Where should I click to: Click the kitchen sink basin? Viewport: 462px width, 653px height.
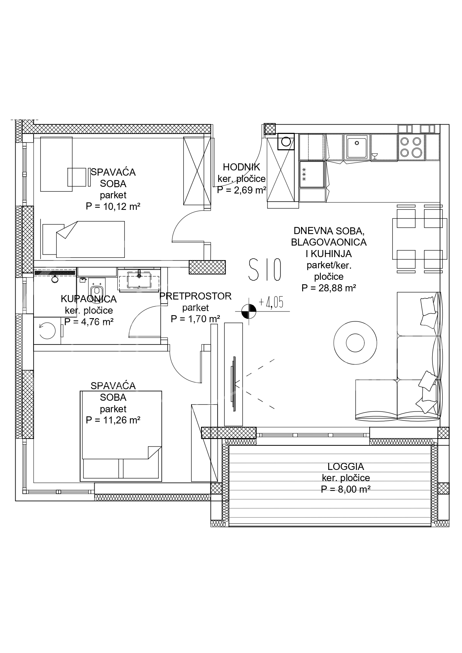point(357,146)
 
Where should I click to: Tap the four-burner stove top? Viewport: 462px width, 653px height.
point(411,147)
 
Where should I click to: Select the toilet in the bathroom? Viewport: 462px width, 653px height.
point(96,292)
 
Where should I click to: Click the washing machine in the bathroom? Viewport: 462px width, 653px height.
point(47,330)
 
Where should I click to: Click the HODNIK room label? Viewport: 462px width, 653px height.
point(241,167)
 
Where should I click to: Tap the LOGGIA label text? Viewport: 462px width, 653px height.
point(346,467)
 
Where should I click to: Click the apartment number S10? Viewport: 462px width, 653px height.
point(265,270)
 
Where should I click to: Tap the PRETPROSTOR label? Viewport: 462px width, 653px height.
point(195,296)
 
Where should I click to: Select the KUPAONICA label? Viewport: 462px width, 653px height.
point(89,299)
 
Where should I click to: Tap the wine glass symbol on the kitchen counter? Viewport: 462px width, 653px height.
point(375,156)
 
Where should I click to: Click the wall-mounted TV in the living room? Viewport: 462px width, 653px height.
point(234,384)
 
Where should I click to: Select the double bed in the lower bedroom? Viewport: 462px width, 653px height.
point(121,436)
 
